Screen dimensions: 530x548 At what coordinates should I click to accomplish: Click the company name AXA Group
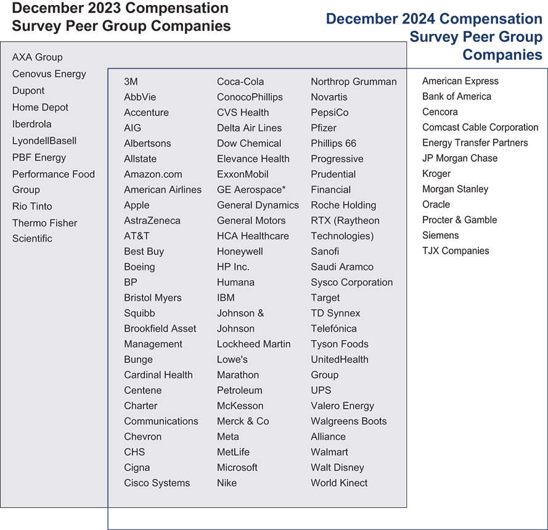click(x=38, y=57)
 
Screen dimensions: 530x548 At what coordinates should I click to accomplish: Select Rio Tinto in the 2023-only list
click(x=32, y=206)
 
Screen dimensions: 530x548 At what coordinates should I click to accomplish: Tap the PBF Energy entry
click(x=39, y=157)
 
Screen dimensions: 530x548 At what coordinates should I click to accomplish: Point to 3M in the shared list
click(x=131, y=81)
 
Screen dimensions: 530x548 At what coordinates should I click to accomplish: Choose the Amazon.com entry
click(x=153, y=174)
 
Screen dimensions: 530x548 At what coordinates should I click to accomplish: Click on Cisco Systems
click(x=157, y=482)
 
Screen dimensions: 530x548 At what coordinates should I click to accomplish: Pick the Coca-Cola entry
click(x=240, y=81)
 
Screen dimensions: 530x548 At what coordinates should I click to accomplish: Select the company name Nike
click(x=227, y=482)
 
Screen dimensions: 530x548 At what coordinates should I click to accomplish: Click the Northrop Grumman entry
click(x=354, y=81)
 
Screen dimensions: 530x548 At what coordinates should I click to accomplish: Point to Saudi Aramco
click(x=342, y=267)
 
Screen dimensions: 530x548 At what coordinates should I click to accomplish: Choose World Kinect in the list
click(x=339, y=482)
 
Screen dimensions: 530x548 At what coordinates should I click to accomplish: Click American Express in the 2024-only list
click(x=460, y=81)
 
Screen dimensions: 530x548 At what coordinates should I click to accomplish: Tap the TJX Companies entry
click(x=456, y=251)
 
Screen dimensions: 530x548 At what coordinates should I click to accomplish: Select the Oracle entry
click(x=436, y=204)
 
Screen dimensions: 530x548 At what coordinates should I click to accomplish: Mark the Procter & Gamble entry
click(x=459, y=220)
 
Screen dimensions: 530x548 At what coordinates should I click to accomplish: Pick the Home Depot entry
click(x=40, y=107)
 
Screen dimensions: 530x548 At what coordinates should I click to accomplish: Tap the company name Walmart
click(x=329, y=452)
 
